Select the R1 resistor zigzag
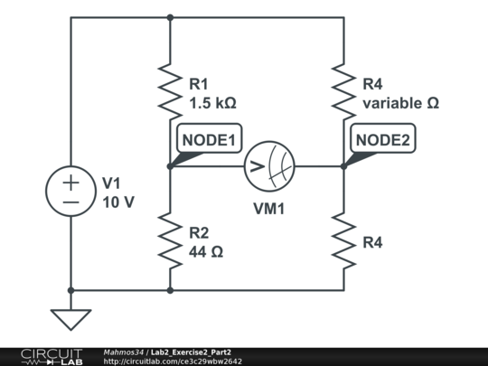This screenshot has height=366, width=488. pyautogui.click(x=170, y=92)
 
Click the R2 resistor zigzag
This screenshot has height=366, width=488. pyautogui.click(x=170, y=240)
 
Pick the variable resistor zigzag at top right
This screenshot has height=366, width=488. pyautogui.click(x=344, y=92)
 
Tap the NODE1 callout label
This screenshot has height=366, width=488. pyautogui.click(x=209, y=138)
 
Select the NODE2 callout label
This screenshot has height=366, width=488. pyautogui.click(x=383, y=138)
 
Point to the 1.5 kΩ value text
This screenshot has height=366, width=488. pyautogui.click(x=213, y=103)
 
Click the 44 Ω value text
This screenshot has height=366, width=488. pyautogui.click(x=206, y=252)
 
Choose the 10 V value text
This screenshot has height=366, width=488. pyautogui.click(x=118, y=202)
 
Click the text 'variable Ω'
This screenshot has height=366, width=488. pyautogui.click(x=401, y=103)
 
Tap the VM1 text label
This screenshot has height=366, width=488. pyautogui.click(x=269, y=209)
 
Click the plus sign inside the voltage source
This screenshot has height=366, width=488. pyautogui.click(x=71, y=183)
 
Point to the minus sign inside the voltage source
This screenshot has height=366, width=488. pyautogui.click(x=71, y=202)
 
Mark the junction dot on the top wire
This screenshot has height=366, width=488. pyautogui.click(x=170, y=18)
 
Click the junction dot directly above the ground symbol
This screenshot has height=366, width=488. pyautogui.click(x=71, y=290)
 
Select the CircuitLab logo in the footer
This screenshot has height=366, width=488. pyautogui.click(x=52, y=357)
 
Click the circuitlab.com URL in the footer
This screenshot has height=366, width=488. pyautogui.click(x=173, y=361)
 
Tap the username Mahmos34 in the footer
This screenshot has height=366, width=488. pyautogui.click(x=124, y=352)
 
